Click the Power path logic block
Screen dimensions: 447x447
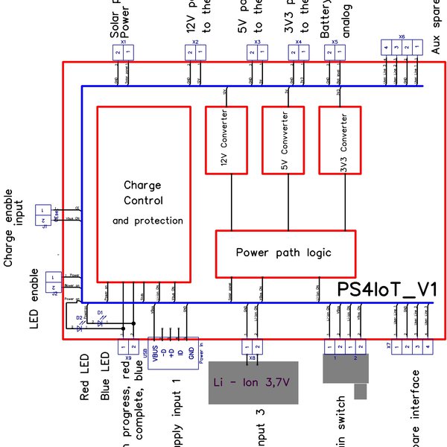[x=285, y=253]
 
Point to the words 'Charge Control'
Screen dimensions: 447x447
[x=142, y=193]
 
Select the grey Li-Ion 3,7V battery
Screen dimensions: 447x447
[x=253, y=383]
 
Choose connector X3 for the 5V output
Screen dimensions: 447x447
[x=258, y=51]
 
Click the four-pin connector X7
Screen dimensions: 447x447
[x=412, y=347]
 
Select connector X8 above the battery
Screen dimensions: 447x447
[x=253, y=347]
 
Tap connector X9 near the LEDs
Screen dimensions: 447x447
[x=127, y=347]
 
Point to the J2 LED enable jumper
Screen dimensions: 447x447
[x=54, y=281]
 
